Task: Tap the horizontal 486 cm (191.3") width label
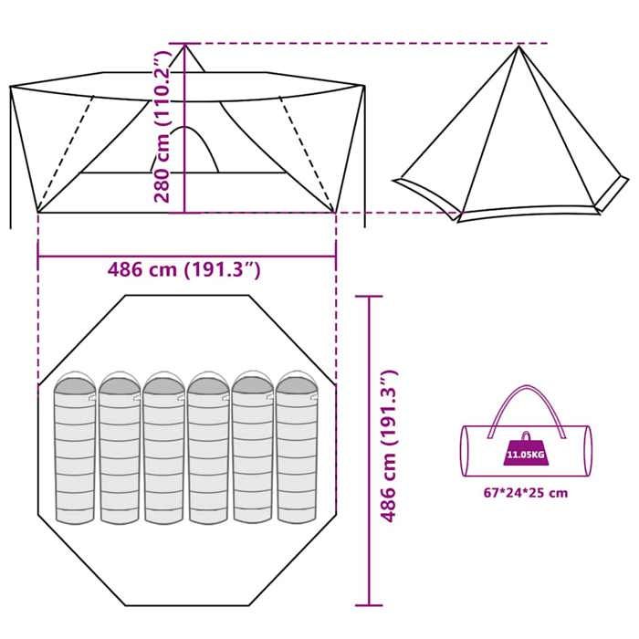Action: (x=185, y=270)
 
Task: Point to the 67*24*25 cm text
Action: (x=524, y=493)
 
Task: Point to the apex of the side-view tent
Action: (x=519, y=46)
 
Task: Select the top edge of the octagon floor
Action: (x=186, y=295)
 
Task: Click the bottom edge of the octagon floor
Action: (x=186, y=606)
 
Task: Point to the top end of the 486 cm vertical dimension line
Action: (x=369, y=296)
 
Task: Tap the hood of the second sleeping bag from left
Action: (x=119, y=382)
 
